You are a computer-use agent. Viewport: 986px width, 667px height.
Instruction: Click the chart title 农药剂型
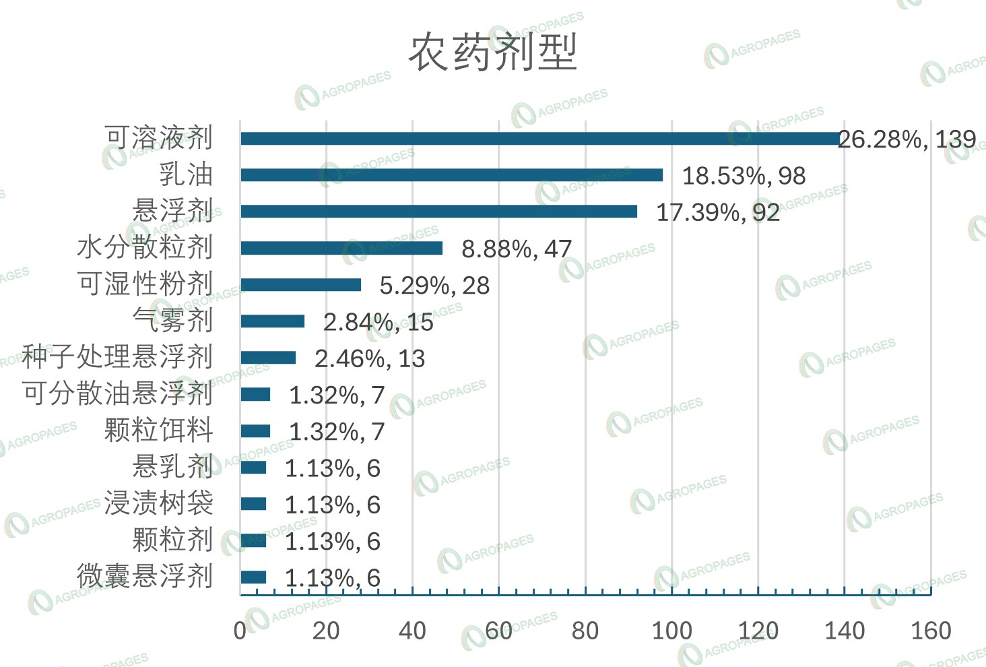pos(493,52)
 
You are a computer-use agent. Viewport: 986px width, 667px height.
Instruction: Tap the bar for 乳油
pos(451,175)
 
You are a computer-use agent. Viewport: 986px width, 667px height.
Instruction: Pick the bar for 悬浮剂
pos(438,212)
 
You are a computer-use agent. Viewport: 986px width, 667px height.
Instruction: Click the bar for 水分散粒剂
pos(341,248)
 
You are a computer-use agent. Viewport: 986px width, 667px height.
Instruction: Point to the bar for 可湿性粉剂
pos(300,285)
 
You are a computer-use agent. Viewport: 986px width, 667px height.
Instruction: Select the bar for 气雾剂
pos(272,321)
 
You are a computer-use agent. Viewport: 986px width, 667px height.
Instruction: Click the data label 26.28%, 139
pos(907,139)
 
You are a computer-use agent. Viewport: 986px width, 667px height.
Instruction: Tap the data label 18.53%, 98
pos(744,176)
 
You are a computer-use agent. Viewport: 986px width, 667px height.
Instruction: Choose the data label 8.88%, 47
pos(516,249)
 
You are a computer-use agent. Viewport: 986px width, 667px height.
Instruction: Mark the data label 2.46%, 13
pos(370,358)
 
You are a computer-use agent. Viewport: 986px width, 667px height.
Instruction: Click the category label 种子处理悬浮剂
pos(117,356)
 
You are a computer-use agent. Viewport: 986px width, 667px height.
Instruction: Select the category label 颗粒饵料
pos(159,430)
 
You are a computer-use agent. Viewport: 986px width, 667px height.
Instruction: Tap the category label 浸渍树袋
pos(159,503)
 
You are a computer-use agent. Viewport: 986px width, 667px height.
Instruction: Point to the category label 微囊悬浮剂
pos(145,576)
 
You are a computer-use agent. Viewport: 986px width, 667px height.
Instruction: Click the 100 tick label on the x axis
pos(671,631)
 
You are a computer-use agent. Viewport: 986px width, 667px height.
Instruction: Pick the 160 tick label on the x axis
pos(931,631)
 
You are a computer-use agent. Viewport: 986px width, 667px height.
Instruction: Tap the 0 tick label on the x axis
pos(240,631)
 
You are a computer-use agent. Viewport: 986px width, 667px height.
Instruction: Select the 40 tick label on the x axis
pos(412,631)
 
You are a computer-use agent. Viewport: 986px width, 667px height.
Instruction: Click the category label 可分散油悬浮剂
pos(117,393)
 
